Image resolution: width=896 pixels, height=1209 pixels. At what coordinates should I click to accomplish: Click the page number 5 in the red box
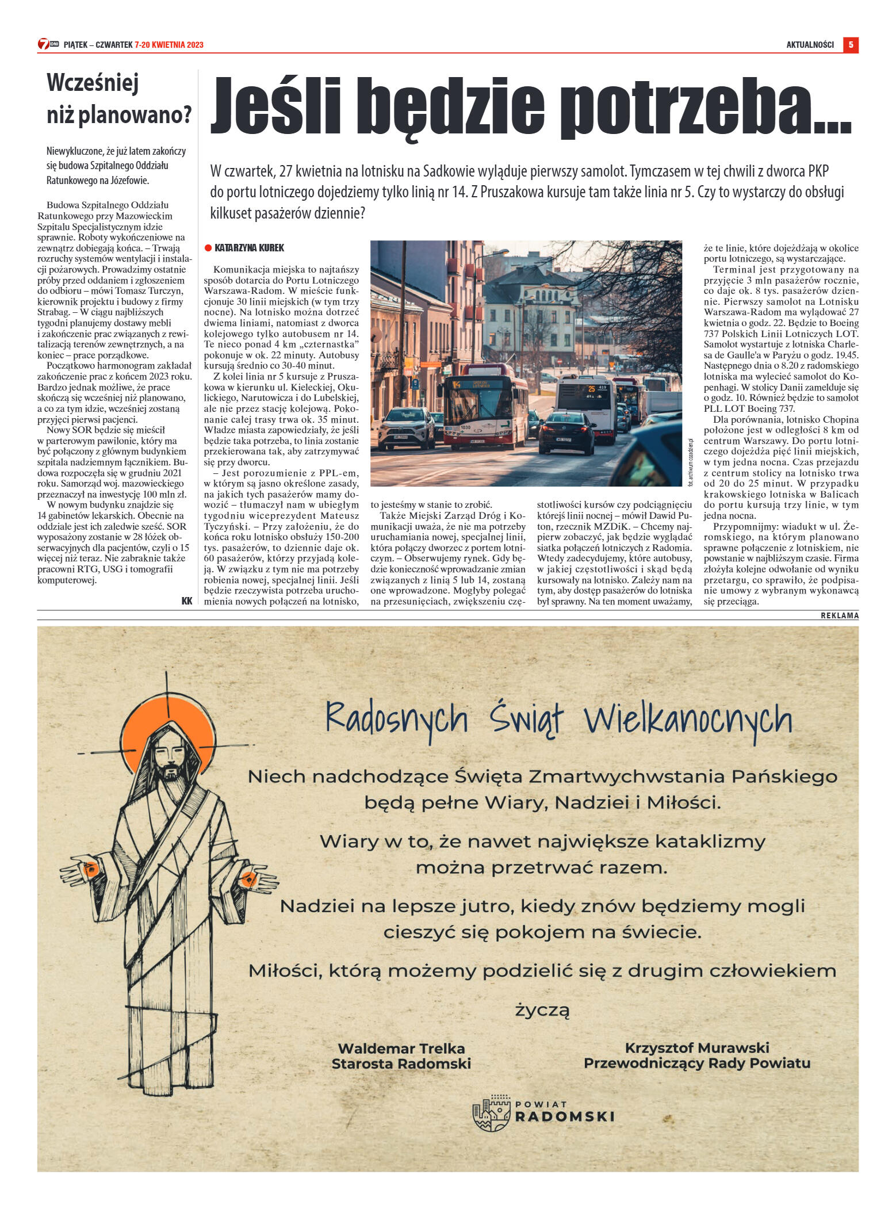(851, 44)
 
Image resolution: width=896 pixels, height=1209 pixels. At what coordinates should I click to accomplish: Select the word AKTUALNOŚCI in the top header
(810, 45)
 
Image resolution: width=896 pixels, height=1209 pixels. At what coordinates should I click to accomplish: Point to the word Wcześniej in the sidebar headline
(93, 83)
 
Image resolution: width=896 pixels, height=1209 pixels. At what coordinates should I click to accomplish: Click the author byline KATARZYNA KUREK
(249, 248)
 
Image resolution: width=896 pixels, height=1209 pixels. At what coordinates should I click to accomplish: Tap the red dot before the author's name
(208, 248)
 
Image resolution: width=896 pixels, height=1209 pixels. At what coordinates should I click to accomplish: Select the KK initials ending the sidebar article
(187, 600)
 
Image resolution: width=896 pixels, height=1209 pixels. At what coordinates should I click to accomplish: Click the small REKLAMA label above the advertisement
(839, 615)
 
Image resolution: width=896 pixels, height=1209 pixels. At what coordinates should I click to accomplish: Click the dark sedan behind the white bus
(566, 433)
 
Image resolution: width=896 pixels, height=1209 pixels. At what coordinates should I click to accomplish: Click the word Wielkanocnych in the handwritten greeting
(688, 720)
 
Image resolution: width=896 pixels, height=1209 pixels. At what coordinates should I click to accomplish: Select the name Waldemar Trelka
(401, 1049)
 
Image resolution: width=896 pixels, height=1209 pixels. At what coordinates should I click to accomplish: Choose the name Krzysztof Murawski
(697, 1047)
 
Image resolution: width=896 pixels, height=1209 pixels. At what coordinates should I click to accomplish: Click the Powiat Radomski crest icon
(491, 1114)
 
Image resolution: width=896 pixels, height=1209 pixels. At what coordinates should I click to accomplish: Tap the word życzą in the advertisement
(542, 1010)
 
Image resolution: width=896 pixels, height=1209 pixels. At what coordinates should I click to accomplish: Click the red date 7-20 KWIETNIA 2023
(169, 45)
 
